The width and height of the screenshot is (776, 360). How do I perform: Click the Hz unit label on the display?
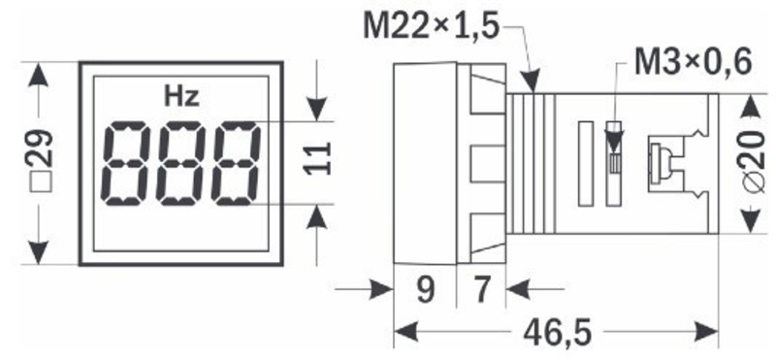point(182,97)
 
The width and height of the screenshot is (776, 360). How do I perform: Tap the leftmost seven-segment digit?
point(125,163)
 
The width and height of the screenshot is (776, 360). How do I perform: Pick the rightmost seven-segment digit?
point(235,163)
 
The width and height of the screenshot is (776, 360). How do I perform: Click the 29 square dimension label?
point(40,161)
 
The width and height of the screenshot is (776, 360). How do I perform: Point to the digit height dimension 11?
point(317,158)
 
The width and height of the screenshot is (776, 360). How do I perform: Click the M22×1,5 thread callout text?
point(431,26)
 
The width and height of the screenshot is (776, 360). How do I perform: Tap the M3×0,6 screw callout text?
point(693,62)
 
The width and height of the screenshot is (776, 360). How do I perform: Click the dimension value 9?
point(425,291)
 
